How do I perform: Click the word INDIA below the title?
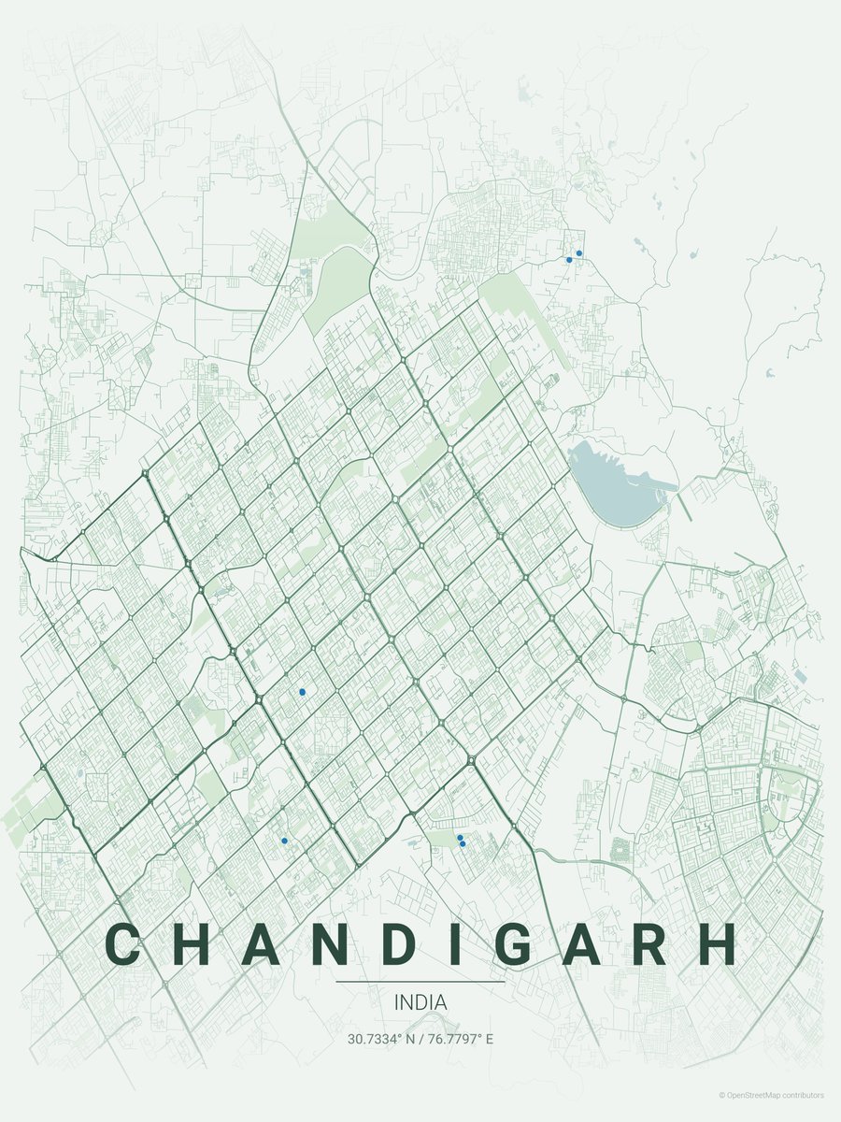[x=420, y=1002]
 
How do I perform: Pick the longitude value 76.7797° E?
[x=460, y=1039]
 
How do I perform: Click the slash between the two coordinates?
[x=420, y=1039]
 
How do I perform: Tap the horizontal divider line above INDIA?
[x=420, y=982]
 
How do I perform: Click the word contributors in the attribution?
[x=806, y=1094]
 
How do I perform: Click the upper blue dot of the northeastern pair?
[x=579, y=252]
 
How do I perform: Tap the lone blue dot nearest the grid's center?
[x=302, y=692]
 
